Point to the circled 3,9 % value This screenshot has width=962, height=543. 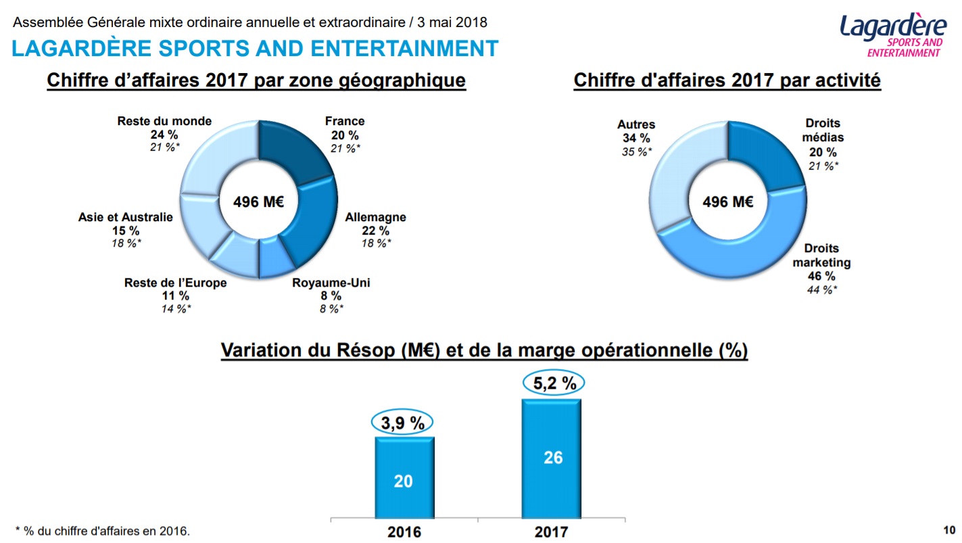pos(402,423)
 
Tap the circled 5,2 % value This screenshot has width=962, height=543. pos(554,383)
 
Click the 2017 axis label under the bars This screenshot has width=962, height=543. pos(551,532)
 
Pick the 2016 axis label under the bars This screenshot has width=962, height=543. pos(404,532)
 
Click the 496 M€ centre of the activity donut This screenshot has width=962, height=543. pos(727,202)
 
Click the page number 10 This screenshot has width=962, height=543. pos(949,529)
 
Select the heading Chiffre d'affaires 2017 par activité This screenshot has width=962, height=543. pos(727,81)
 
